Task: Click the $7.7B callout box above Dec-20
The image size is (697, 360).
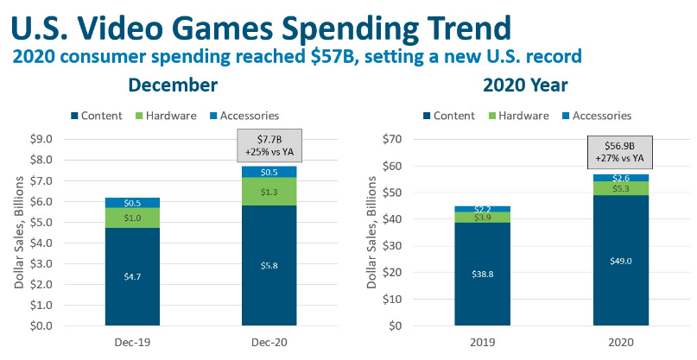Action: pyautogui.click(x=267, y=146)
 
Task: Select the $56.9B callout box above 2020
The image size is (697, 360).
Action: pyautogui.click(x=619, y=152)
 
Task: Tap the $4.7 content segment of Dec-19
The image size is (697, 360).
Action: pyautogui.click(x=132, y=276)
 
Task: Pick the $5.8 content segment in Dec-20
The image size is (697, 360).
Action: pyautogui.click(x=267, y=265)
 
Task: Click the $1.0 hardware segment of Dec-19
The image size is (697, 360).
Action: pyautogui.click(x=132, y=218)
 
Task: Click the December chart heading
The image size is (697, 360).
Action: pyautogui.click(x=173, y=85)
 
